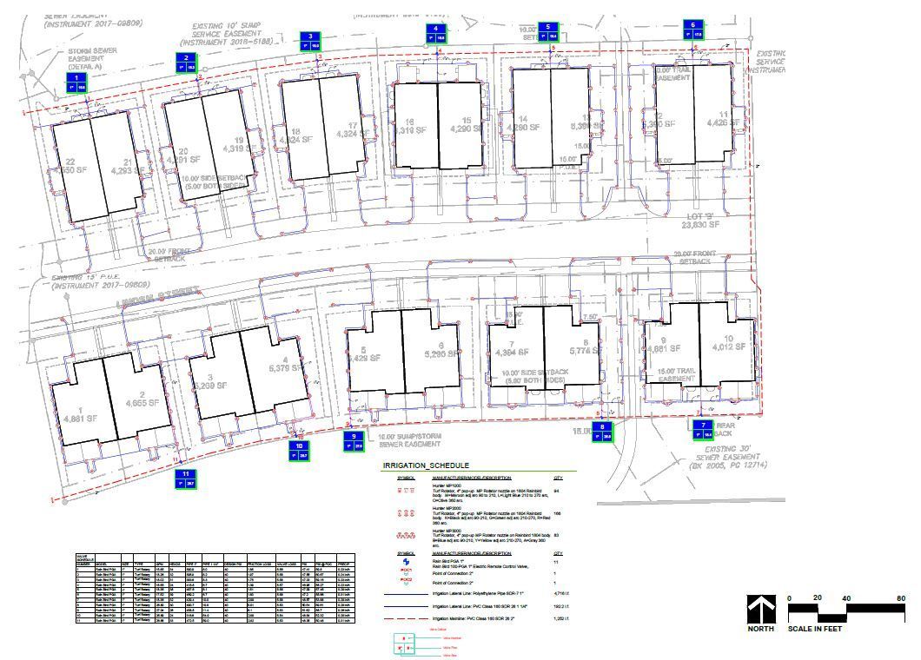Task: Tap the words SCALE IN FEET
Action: [x=818, y=629]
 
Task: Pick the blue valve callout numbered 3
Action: [x=308, y=42]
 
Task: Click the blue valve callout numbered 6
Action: [x=692, y=30]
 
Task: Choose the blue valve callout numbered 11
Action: [x=185, y=478]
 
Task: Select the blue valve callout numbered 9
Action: [x=355, y=441]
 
